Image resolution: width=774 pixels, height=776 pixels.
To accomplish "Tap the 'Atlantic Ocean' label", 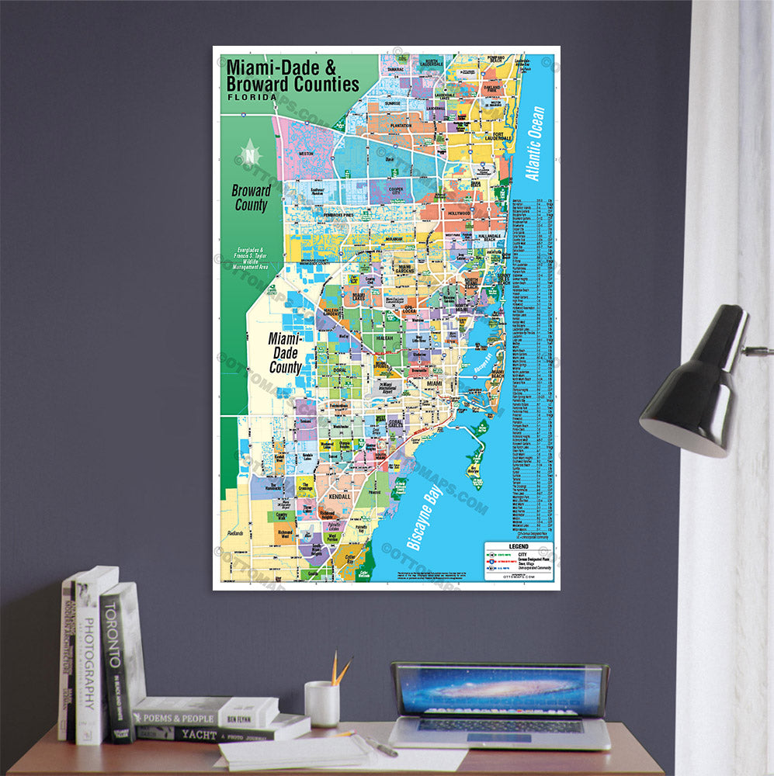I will pos(536,144).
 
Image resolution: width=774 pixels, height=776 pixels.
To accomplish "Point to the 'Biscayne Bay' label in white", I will pos(423,511).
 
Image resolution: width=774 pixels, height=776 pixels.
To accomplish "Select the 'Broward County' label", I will pos(251,197).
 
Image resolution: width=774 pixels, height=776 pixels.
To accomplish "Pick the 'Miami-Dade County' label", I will pos(286,353).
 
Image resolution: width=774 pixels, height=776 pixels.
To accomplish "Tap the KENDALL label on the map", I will pos(341,496).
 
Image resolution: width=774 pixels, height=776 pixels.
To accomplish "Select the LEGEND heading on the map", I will pos(518,546).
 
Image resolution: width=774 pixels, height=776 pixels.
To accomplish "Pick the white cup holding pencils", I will pos(321,703).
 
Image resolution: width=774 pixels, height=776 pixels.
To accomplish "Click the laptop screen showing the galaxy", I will pos(500,689).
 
